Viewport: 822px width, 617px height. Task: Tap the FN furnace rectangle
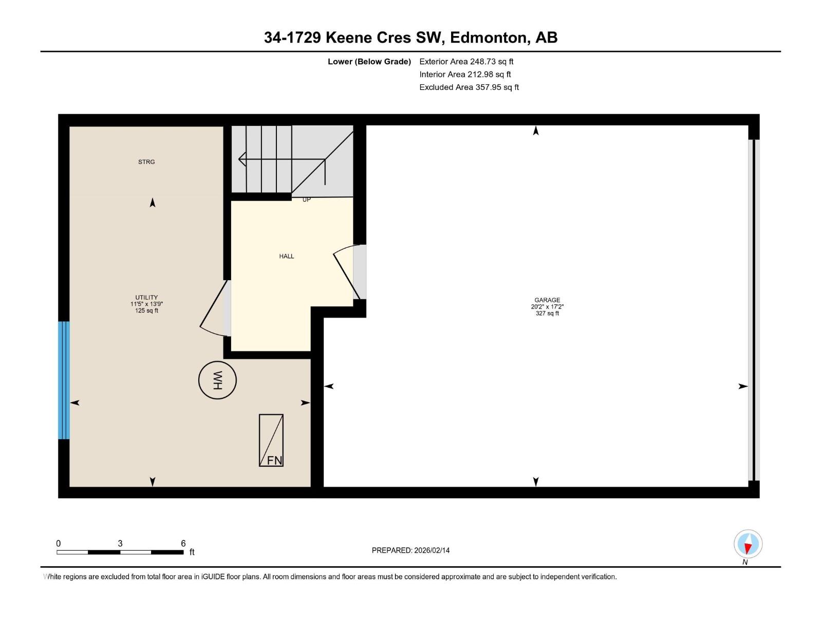coord(271,440)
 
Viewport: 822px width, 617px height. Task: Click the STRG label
coord(146,162)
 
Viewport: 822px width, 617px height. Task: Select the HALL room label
coord(287,256)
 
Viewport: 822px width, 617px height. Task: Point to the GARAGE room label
coord(547,300)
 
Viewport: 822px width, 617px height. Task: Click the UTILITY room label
coord(146,298)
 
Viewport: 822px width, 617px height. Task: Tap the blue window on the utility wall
coord(64,380)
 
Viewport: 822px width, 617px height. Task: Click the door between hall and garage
coord(350,272)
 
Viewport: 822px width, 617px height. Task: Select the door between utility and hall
coord(216,308)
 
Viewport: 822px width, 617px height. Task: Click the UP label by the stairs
coord(306,199)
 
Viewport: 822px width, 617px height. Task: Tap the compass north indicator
coord(748,544)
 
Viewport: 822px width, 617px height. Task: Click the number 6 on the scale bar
coord(183,543)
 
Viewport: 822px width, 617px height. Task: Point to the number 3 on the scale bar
coord(120,543)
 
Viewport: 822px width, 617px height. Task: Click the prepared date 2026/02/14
coord(432,550)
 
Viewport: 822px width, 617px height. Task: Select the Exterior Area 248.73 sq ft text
coord(466,61)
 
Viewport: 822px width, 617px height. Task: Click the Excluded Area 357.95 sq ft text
coord(469,87)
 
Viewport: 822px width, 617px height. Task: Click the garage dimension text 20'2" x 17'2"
coord(547,306)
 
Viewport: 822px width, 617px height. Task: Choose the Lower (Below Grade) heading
coord(369,61)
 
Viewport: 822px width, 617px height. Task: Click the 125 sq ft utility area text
coord(146,311)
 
